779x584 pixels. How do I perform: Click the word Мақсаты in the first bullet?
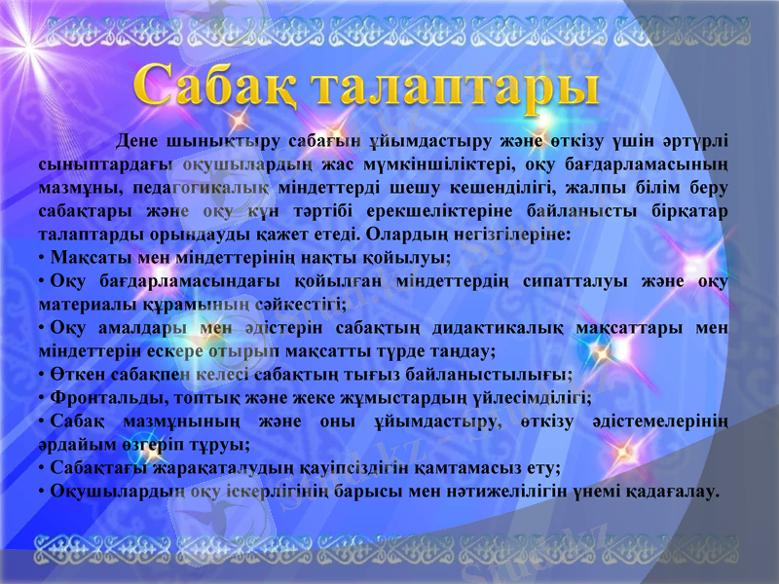pos(90,258)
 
